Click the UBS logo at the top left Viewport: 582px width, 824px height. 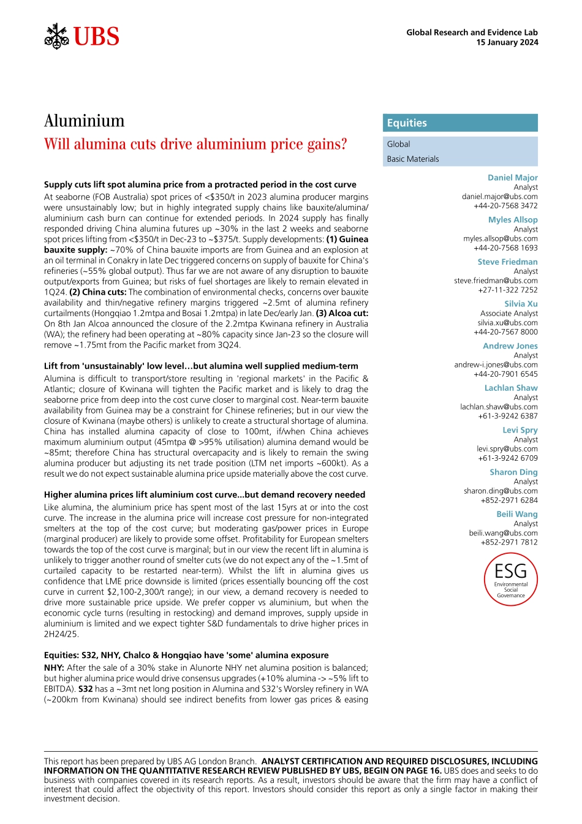(x=82, y=37)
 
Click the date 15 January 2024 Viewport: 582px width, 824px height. (x=507, y=42)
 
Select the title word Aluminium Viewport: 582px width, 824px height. (x=85, y=121)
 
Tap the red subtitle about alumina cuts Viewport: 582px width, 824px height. (x=195, y=144)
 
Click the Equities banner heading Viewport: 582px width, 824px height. (x=407, y=123)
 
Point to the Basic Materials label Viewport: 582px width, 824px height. (x=413, y=159)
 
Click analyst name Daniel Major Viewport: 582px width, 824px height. (x=512, y=178)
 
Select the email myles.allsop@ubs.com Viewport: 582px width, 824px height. (x=501, y=238)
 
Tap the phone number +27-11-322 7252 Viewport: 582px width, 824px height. (x=508, y=290)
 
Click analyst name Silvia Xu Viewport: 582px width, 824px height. (x=521, y=304)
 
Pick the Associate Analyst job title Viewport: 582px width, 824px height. (x=509, y=313)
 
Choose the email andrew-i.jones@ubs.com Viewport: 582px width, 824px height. (x=496, y=365)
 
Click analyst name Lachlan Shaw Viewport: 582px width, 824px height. (x=511, y=388)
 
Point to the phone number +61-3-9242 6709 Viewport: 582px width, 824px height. (x=508, y=458)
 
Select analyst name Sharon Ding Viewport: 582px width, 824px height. (x=513, y=472)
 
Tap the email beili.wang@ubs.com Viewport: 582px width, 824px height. (x=503, y=533)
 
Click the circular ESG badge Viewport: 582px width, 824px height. (x=510, y=579)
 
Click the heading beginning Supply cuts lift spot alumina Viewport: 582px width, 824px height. (x=200, y=184)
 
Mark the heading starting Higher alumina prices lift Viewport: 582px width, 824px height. (x=205, y=494)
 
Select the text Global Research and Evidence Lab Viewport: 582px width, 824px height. (x=472, y=32)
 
